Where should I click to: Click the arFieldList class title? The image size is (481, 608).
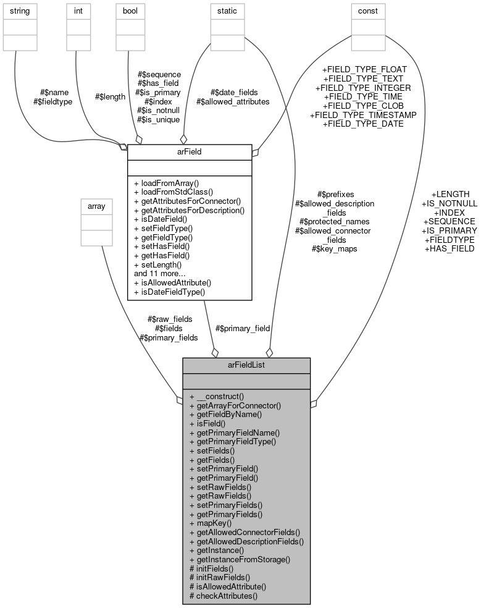pyautogui.click(x=246, y=365)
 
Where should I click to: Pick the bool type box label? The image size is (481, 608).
pyautogui.click(x=130, y=11)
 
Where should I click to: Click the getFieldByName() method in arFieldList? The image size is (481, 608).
pyautogui.click(x=225, y=415)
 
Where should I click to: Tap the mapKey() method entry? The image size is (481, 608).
pyautogui.click(x=211, y=523)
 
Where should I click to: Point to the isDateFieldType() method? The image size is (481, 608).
pyautogui.click(x=169, y=292)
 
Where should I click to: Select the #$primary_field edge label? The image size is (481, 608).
pyautogui.click(x=242, y=329)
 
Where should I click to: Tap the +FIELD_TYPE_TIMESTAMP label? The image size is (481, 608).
pyautogui.click(x=363, y=115)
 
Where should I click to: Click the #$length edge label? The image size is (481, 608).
pyautogui.click(x=111, y=96)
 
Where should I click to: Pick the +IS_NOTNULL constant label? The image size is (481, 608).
pyautogui.click(x=449, y=203)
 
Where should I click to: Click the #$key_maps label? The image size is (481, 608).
pyautogui.click(x=335, y=249)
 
